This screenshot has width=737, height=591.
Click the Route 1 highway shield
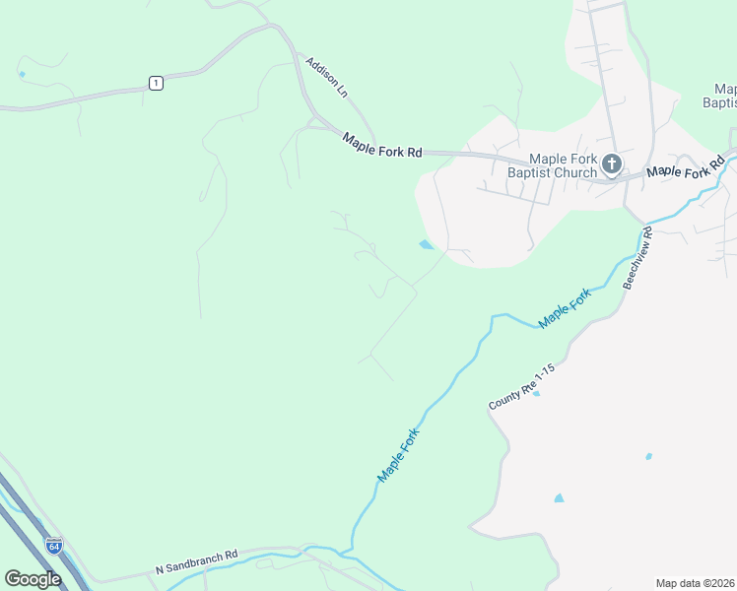pyautogui.click(x=156, y=83)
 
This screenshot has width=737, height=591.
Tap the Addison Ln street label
pyautogui.click(x=327, y=76)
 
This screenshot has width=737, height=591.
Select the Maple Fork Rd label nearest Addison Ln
pyautogui.click(x=382, y=145)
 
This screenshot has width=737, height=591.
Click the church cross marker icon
pyautogui.click(x=611, y=164)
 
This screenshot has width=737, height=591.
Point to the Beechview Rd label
pyautogui.click(x=636, y=258)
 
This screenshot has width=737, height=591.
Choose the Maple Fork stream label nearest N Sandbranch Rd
pyautogui.click(x=399, y=454)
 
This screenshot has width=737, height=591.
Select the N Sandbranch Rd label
pyautogui.click(x=197, y=562)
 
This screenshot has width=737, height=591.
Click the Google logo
pyautogui.click(x=33, y=578)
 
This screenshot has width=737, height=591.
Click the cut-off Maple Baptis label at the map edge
pyautogui.click(x=720, y=96)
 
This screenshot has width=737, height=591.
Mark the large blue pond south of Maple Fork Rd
pyautogui.click(x=426, y=244)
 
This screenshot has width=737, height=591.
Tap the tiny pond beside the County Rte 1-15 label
pyautogui.click(x=536, y=393)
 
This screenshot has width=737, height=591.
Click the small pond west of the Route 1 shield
pyautogui.click(x=21, y=74)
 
